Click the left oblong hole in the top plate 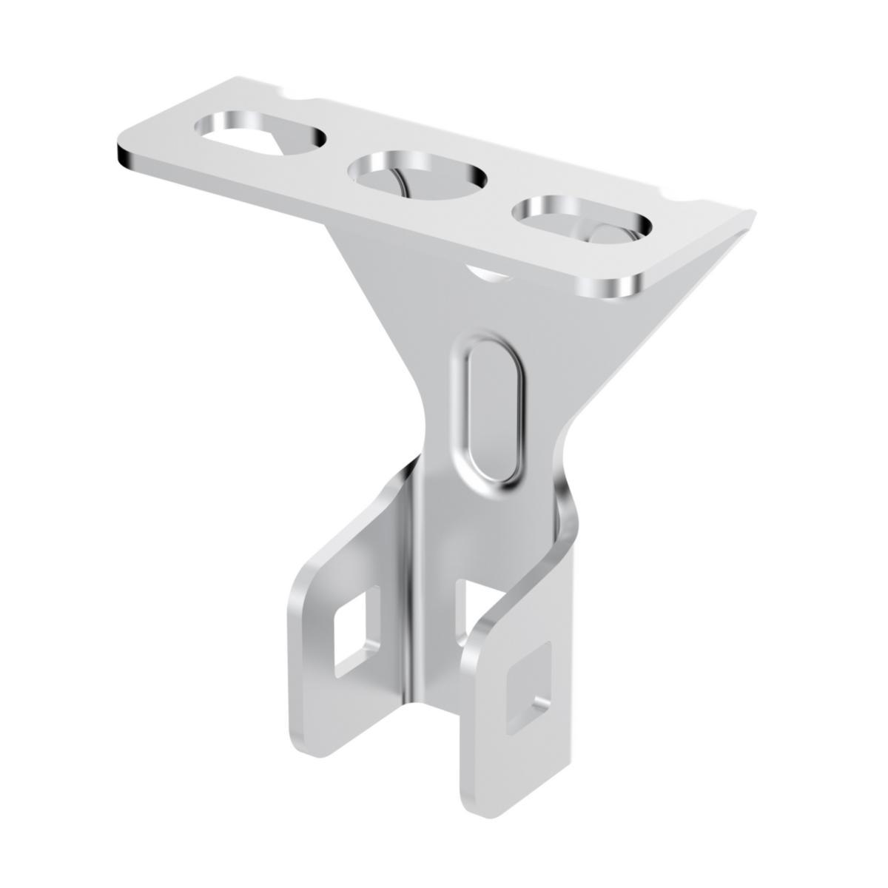(x=259, y=134)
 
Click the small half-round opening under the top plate (x=488, y=275)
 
